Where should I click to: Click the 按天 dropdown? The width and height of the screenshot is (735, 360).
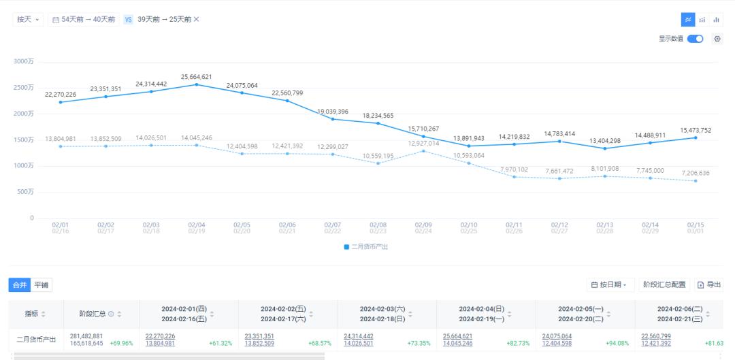pos(29,19)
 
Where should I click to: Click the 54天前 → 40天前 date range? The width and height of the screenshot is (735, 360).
pos(84,19)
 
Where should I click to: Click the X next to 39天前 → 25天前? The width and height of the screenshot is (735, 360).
pos(197,19)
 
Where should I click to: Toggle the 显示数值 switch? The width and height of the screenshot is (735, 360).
pos(695,39)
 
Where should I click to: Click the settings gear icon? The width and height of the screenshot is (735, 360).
pos(717,39)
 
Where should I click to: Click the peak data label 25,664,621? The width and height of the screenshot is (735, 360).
pos(197,77)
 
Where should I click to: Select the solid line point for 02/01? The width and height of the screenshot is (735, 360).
pos(61,102)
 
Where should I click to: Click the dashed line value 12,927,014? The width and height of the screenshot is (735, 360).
pos(423,143)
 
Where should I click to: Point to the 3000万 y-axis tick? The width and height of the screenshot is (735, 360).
pos(23,61)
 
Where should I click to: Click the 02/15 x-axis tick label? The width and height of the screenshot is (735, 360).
pos(696,224)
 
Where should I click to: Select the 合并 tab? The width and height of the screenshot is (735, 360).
pos(19,285)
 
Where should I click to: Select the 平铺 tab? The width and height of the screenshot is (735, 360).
pos(42,285)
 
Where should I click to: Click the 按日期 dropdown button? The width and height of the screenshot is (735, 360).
pos(610,284)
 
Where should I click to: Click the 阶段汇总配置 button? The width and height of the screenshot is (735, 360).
pos(665,284)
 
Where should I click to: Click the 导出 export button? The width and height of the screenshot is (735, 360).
pos(709,284)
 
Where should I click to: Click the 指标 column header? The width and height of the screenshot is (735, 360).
pos(31,314)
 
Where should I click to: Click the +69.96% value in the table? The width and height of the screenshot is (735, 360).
pos(122,344)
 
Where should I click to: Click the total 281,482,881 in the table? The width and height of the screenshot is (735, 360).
pos(86,336)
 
